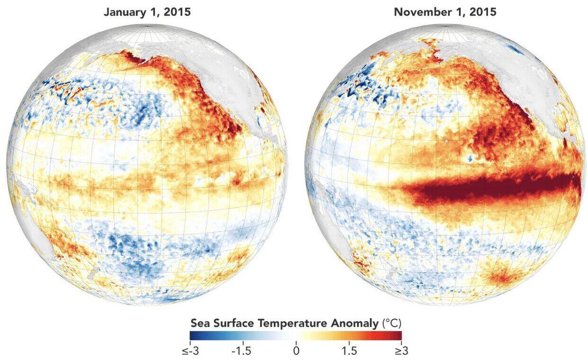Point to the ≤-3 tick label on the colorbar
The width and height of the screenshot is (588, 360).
click(190, 351)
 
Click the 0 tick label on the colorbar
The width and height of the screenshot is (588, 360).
click(296, 351)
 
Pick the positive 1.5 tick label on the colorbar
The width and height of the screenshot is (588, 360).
click(349, 351)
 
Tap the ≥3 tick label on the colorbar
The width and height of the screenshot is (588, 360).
click(401, 351)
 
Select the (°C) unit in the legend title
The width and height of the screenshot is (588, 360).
click(392, 324)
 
